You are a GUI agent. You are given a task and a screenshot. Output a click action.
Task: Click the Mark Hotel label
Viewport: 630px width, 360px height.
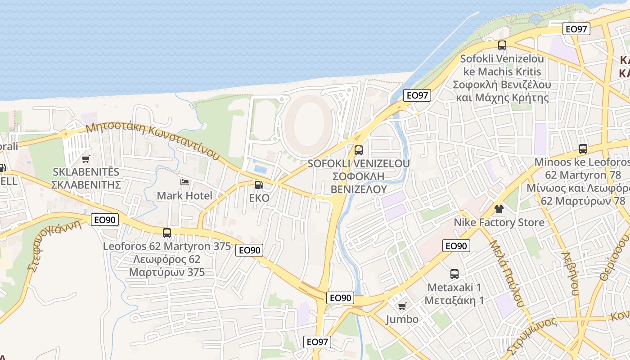coord(184,196)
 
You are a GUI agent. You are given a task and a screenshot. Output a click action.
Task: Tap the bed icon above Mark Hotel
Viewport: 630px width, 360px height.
coord(184,182)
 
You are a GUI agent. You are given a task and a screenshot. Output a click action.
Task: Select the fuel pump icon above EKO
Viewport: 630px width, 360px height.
coord(259,185)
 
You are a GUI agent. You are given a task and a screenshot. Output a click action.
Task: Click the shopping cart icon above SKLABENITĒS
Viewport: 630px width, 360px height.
coord(86,159)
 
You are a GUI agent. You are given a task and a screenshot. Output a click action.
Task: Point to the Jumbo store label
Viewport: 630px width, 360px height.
coord(402,319)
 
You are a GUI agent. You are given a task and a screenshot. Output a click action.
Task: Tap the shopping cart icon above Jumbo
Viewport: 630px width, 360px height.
coord(402,306)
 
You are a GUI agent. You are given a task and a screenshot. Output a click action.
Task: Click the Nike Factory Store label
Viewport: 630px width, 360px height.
coord(499,222)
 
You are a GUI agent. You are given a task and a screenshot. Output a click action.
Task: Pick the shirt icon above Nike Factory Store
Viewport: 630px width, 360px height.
coord(499,209)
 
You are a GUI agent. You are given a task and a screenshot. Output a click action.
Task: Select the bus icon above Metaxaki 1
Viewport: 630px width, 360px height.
coord(454,274)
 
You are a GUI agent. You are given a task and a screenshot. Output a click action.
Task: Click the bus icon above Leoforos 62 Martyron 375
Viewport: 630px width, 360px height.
coord(167,233)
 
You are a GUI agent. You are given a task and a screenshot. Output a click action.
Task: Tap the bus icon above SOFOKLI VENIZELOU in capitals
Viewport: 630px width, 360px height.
coord(359,150)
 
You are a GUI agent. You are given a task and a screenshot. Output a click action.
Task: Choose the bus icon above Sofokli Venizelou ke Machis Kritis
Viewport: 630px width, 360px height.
coord(502,45)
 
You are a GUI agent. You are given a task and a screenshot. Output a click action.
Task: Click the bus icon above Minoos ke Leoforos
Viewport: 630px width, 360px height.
coord(583,148)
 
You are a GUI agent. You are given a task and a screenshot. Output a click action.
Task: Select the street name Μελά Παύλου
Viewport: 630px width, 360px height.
coord(507,273)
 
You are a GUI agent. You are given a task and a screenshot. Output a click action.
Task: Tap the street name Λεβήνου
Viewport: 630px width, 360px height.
coord(570,273)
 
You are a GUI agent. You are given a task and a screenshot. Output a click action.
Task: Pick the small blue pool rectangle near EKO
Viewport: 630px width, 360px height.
coord(260,169)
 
